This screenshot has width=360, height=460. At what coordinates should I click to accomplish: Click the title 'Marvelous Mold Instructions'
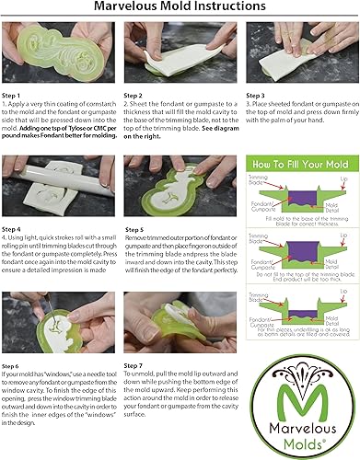click(180, 8)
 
